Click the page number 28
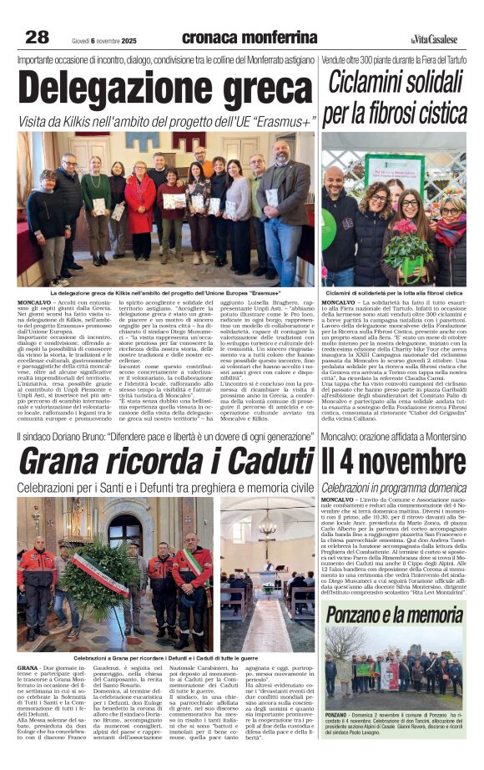click(x=38, y=37)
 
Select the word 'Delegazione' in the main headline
click(x=118, y=88)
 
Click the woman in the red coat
click(x=139, y=209)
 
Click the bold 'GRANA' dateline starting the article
click(x=27, y=668)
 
